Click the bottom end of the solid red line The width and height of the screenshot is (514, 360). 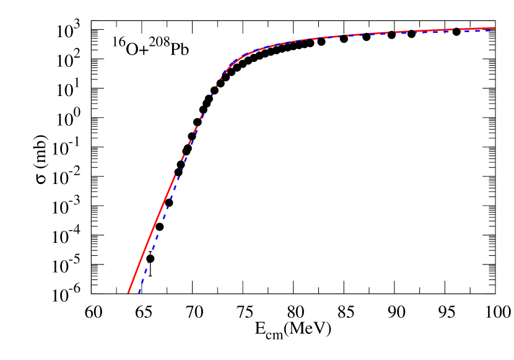[x=128, y=292]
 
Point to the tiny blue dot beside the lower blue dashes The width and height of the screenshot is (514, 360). [x=148, y=263]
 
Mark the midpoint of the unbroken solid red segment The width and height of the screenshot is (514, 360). [x=152, y=234]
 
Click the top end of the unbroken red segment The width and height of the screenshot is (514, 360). [x=176, y=176]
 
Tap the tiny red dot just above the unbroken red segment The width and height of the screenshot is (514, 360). [x=178, y=169]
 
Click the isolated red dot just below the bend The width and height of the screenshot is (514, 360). [x=217, y=86]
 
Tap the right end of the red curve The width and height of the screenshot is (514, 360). [x=494, y=27]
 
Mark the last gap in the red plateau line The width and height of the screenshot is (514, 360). [x=457, y=29]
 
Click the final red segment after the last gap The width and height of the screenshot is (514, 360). [x=477, y=28]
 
